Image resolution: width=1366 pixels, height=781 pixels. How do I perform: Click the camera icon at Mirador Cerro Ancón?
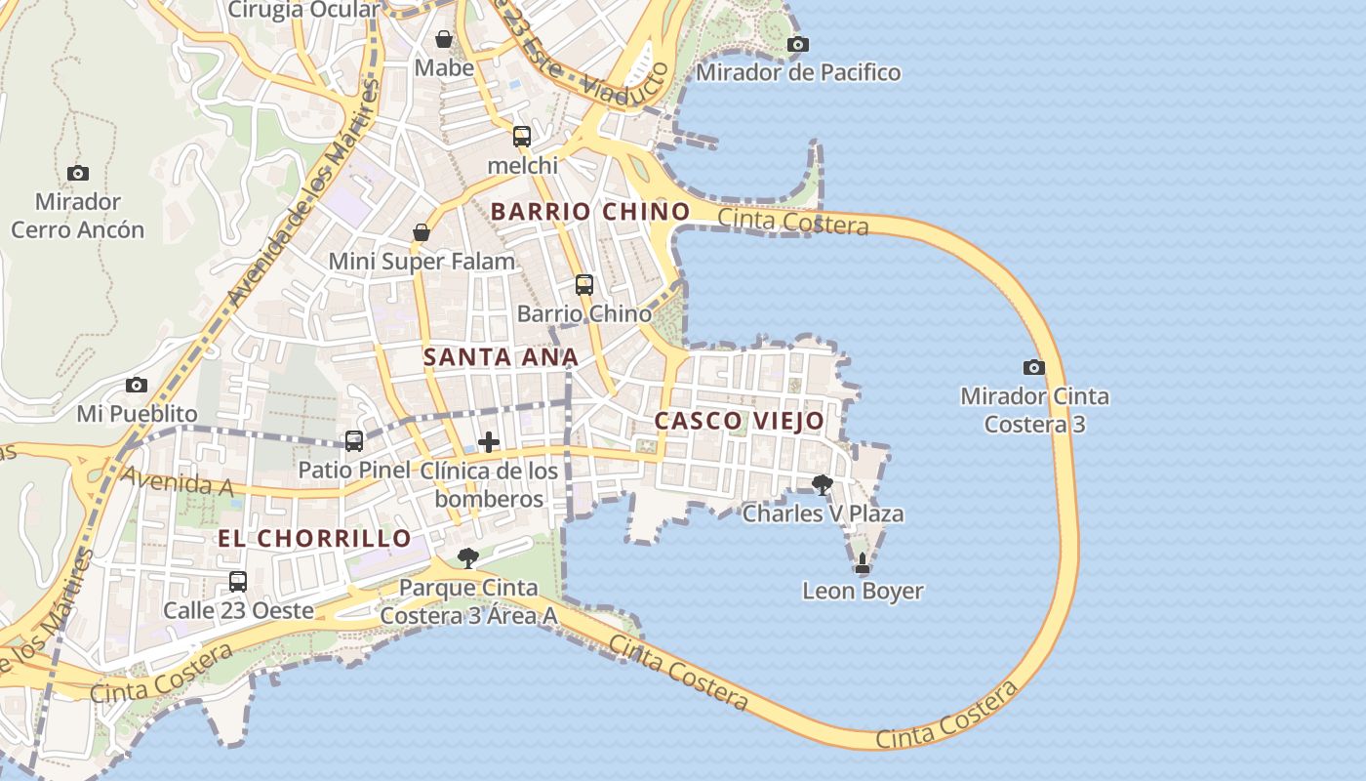click(78, 174)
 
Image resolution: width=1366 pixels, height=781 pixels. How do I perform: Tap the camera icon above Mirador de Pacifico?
click(798, 44)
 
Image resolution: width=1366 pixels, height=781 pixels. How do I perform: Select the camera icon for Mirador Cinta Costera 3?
click(1034, 368)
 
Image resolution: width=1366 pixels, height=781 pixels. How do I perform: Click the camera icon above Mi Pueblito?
click(137, 385)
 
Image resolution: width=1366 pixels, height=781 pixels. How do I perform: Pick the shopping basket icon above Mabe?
click(444, 39)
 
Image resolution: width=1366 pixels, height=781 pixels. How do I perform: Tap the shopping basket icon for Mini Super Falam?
click(422, 232)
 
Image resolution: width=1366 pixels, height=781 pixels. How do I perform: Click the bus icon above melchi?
click(522, 137)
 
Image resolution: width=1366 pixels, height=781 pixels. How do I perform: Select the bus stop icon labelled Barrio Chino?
click(584, 285)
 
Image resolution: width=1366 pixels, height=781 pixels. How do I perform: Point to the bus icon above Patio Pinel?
click(354, 441)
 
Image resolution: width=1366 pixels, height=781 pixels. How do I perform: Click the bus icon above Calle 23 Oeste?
click(238, 582)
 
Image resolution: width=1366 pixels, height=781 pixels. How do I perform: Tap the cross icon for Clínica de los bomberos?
click(489, 442)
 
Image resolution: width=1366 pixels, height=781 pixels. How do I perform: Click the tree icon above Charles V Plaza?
click(823, 484)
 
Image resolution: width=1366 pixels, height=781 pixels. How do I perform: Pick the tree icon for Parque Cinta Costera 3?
click(468, 558)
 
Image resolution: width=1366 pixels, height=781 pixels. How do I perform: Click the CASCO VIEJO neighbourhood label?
click(739, 421)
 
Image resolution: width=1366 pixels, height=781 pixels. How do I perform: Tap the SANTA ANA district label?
click(501, 357)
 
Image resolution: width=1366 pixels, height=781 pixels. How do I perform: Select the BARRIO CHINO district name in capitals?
click(589, 211)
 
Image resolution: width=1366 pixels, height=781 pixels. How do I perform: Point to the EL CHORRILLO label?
click(314, 538)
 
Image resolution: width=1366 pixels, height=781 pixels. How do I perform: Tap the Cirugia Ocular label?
click(303, 10)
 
